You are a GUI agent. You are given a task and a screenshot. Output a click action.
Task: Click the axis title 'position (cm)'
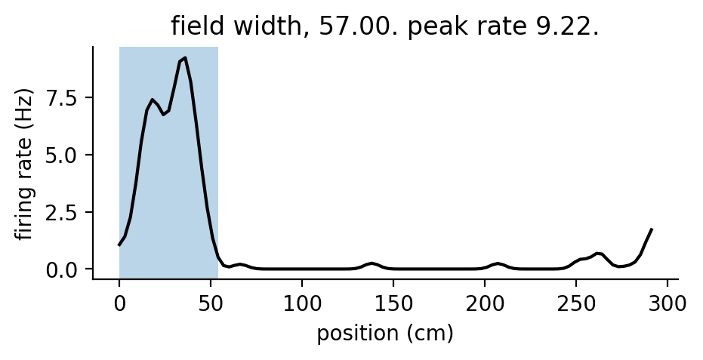(x=385, y=334)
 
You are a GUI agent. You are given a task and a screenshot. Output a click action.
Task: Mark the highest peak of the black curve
(x=185, y=57)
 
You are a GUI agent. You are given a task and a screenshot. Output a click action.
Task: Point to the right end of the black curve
(x=652, y=229)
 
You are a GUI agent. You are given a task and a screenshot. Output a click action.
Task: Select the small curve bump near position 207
(x=498, y=263)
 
